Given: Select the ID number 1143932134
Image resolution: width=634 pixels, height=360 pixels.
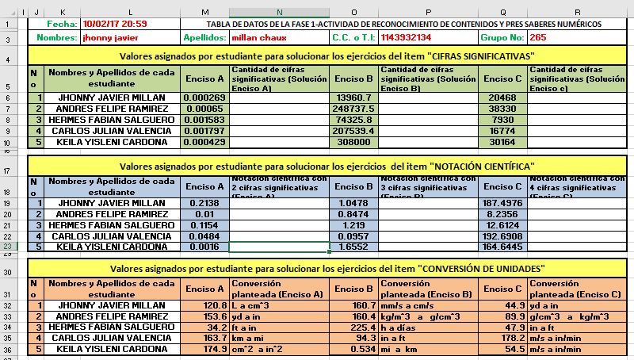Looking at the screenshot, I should pos(406,37).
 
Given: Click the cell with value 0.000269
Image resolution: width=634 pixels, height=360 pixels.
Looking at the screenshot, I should pos(204,98).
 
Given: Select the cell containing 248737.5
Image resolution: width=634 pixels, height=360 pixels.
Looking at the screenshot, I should pos(353,109).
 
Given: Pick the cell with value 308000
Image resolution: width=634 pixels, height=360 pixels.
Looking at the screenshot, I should pos(353,142).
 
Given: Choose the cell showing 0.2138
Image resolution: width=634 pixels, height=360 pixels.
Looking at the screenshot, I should pos(204,204).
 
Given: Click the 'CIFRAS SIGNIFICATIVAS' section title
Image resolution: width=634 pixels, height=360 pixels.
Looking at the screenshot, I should pos(325,56).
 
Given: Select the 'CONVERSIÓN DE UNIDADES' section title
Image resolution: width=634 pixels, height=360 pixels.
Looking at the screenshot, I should pos(325,268).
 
